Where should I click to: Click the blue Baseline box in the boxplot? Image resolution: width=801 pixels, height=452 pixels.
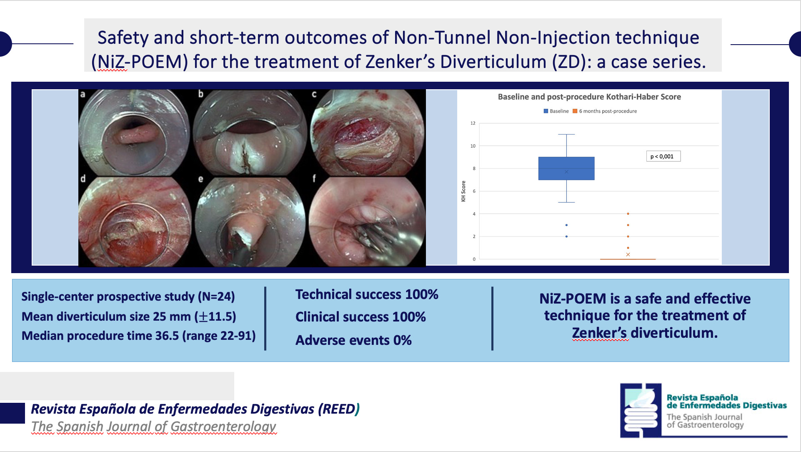coord(566,168)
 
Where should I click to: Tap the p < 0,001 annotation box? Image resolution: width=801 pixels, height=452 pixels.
coord(663,156)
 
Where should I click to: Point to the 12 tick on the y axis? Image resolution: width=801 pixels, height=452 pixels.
coord(473,123)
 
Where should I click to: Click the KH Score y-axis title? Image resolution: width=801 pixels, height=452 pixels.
coord(463,191)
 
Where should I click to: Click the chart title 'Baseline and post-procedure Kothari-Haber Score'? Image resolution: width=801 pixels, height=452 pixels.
coord(589,97)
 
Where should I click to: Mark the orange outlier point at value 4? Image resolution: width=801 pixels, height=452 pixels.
coord(628,214)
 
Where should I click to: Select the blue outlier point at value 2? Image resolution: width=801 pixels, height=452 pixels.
coord(566,236)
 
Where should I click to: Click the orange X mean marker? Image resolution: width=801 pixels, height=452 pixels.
coord(628,254)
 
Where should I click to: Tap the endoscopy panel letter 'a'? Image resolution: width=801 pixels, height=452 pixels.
coord(83,94)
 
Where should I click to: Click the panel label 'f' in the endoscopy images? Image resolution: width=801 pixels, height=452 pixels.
coord(314,178)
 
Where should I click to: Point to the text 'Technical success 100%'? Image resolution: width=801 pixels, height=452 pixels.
coord(367,294)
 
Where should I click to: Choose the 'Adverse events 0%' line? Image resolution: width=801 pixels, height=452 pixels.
coord(353,340)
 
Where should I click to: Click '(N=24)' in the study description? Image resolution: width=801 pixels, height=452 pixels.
coord(216,296)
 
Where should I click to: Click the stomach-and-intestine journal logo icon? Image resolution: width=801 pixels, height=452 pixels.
coord(641,410)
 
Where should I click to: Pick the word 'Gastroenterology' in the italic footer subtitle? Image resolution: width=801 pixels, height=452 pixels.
coord(223,427)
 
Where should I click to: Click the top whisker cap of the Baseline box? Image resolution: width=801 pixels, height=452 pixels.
coord(566,134)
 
